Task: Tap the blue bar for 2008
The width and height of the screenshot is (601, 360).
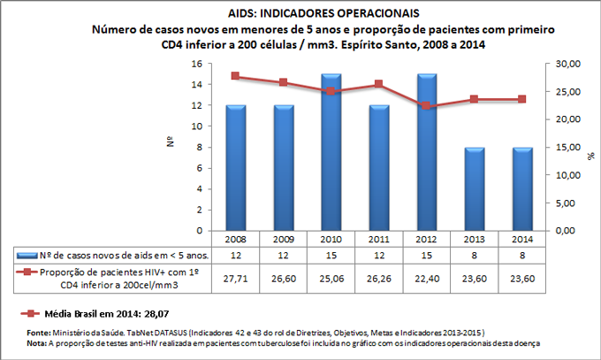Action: (236, 168)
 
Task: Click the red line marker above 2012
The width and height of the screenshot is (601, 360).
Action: (427, 105)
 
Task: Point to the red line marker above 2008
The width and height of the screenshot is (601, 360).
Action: (236, 76)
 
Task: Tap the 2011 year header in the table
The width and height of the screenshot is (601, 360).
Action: (379, 239)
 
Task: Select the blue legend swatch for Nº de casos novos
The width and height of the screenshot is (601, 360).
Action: (29, 256)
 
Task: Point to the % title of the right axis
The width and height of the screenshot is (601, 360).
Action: (590, 155)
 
